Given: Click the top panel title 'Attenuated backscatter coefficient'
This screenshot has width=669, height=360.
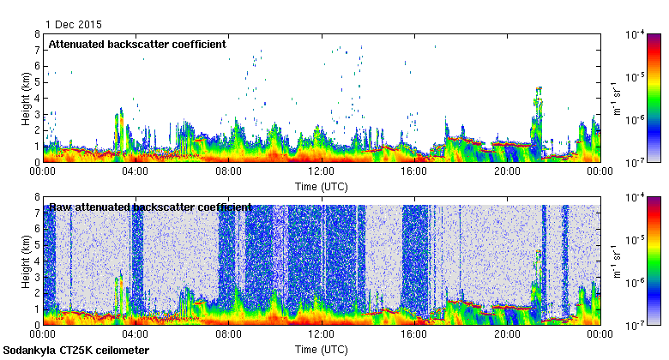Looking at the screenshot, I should pyautogui.click(x=137, y=45).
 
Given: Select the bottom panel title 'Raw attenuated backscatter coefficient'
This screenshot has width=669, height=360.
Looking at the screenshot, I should pyautogui.click(x=150, y=207).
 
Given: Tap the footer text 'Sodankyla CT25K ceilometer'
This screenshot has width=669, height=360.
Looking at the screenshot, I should pyautogui.click(x=75, y=351).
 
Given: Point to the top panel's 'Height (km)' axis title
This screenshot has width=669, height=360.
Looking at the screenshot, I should pyautogui.click(x=27, y=98).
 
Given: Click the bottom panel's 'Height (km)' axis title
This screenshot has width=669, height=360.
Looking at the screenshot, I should pyautogui.click(x=27, y=261).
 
